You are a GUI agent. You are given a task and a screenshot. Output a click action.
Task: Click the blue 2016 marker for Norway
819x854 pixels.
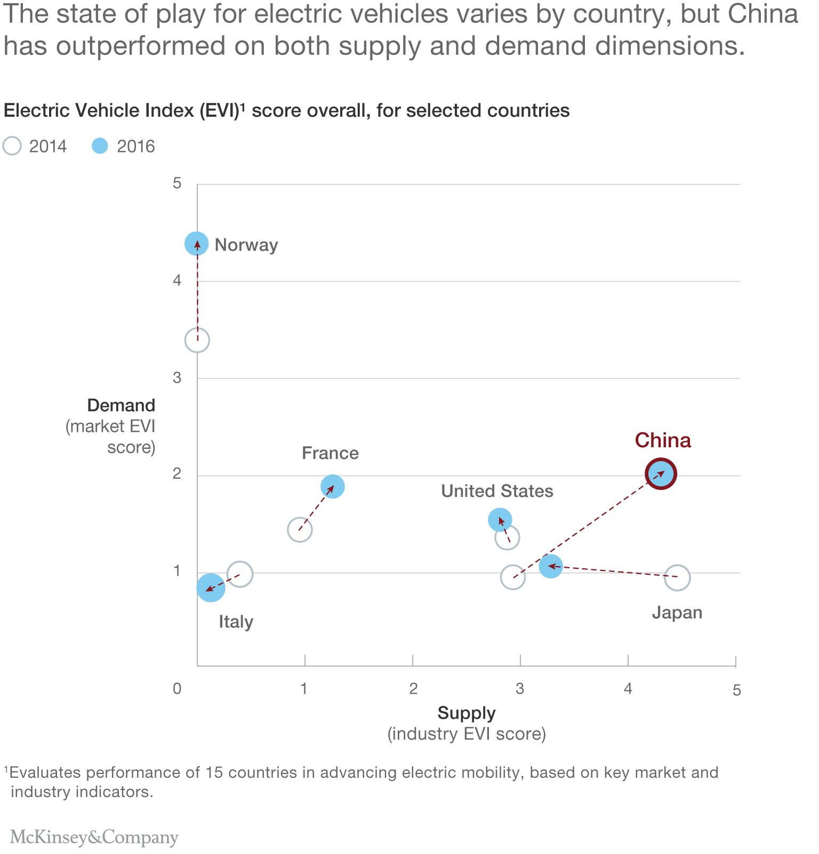(197, 244)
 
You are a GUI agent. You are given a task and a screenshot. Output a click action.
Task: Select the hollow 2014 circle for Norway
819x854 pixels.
(197, 340)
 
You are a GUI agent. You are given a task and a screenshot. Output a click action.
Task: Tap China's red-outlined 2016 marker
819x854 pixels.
(661, 473)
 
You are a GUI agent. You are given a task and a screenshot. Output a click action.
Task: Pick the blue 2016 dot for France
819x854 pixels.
(333, 486)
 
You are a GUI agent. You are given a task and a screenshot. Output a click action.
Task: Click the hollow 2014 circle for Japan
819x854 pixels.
(677, 578)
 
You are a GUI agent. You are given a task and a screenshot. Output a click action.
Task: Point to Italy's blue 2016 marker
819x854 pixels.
(211, 587)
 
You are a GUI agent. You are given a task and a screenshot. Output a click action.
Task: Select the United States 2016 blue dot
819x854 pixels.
(500, 520)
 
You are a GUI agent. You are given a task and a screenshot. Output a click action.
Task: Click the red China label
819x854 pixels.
(663, 440)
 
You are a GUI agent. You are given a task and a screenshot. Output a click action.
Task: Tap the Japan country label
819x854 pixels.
(677, 613)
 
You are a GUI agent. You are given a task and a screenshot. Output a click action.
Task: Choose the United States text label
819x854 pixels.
(497, 491)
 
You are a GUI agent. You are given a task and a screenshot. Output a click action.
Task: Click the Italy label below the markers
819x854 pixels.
(236, 622)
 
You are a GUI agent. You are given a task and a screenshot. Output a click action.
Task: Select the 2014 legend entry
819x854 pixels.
(35, 146)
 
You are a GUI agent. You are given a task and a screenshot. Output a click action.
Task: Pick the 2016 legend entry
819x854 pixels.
(124, 146)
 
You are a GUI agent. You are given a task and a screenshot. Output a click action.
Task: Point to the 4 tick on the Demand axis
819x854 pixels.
(177, 280)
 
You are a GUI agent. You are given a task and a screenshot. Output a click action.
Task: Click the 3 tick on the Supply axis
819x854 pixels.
(520, 689)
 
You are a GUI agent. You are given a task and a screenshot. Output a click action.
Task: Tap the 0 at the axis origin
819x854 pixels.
(177, 689)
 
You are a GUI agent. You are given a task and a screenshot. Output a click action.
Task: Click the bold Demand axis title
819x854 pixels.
(121, 406)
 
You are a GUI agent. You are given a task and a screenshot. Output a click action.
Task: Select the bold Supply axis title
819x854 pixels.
(467, 713)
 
